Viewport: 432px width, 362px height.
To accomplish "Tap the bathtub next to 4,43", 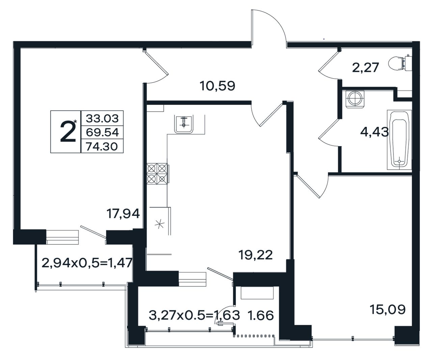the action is (x=399, y=140).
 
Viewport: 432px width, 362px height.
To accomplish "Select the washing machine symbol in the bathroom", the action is (x=355, y=99).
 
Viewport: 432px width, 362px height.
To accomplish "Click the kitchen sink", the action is (x=184, y=124).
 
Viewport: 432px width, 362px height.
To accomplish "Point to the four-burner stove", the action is (x=157, y=174).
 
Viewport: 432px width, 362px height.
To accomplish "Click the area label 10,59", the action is (x=217, y=86).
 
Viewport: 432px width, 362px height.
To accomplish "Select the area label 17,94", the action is (x=123, y=214).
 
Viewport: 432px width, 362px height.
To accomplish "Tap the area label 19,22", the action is (x=255, y=255).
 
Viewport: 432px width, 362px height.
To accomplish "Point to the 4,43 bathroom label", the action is (x=375, y=132).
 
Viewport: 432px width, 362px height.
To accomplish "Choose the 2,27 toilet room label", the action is (x=366, y=67).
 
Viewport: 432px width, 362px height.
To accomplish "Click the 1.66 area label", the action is (x=261, y=316).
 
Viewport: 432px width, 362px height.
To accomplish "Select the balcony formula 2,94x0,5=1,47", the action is (x=87, y=263).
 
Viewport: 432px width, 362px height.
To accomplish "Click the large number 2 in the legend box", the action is (x=68, y=132).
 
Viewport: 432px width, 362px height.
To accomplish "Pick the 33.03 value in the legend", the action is (x=102, y=118).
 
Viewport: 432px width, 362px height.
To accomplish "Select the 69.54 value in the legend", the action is (x=102, y=133).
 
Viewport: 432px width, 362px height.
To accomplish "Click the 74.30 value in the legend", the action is (x=102, y=147).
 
